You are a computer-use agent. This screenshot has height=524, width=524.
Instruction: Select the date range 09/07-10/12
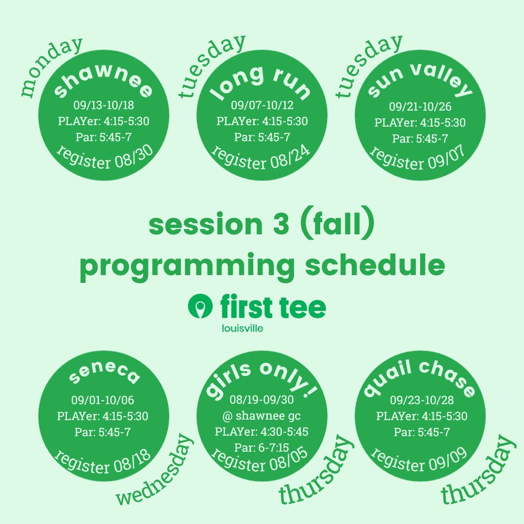262,105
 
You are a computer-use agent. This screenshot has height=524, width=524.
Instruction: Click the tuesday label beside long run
211,65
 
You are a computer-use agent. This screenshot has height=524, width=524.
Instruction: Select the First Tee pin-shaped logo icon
200,306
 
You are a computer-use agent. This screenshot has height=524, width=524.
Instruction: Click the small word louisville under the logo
242,328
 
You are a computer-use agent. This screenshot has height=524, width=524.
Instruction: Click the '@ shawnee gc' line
262,416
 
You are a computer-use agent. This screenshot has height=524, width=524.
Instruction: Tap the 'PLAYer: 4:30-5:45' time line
262,431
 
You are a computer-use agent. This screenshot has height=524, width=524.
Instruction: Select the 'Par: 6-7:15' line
262,447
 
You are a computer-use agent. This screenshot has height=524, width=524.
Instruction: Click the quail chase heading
420,377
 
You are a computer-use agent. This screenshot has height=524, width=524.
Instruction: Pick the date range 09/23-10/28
422,400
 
